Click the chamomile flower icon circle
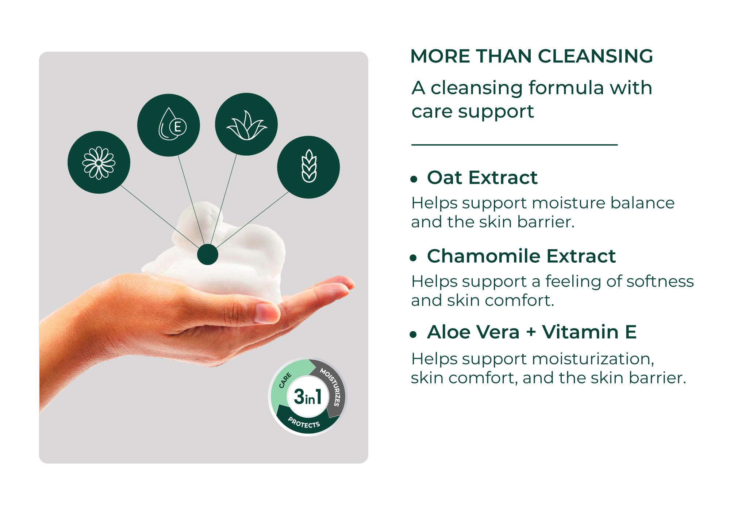pyautogui.click(x=99, y=162)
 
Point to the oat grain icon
pyautogui.click(x=309, y=167)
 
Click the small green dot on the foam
pyautogui.click(x=208, y=254)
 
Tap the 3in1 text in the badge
pyautogui.click(x=308, y=397)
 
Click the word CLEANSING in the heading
pyautogui.click(x=595, y=56)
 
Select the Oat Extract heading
pyautogui.click(x=482, y=178)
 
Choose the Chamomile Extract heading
pyautogui.click(x=521, y=256)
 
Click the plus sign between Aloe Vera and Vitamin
pyautogui.click(x=531, y=332)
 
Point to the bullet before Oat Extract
pyautogui.click(x=414, y=179)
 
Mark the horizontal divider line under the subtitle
pyautogui.click(x=515, y=145)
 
